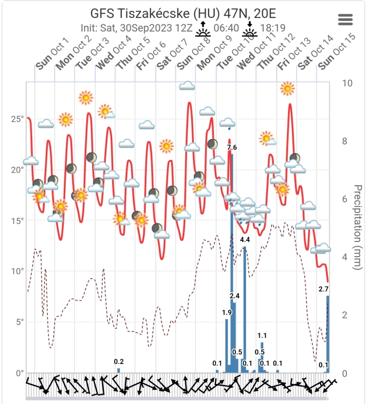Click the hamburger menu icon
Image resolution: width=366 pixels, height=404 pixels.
345,19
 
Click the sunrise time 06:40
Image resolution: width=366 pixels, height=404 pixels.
224,27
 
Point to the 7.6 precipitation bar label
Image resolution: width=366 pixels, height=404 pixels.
232,148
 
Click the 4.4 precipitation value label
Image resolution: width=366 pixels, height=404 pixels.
245,240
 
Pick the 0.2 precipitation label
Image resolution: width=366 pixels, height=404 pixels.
119,361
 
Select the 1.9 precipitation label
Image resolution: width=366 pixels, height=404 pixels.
227,312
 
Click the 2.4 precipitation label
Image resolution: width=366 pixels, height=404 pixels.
235,296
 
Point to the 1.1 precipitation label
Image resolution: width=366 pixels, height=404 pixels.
262,336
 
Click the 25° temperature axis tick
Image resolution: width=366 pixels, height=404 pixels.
17,119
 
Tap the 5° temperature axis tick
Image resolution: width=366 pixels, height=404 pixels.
19,322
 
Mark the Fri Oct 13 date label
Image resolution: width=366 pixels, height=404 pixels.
293,54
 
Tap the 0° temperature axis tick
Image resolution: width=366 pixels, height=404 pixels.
19,373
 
